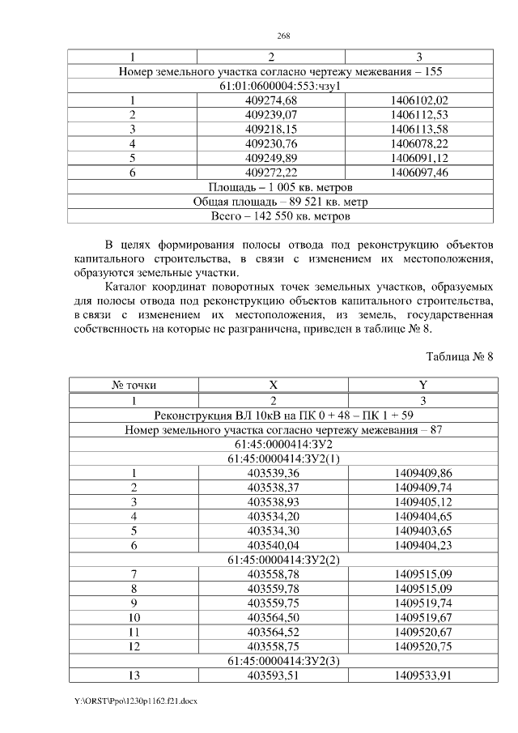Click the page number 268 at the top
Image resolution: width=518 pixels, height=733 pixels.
pyautogui.click(x=283, y=36)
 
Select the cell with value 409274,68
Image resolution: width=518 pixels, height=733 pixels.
pyautogui.click(x=271, y=100)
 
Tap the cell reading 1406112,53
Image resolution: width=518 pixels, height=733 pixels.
pyautogui.click(x=418, y=114)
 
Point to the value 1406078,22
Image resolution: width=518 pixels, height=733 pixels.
pyautogui.click(x=418, y=143)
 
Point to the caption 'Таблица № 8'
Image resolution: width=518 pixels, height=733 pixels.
pyautogui.click(x=459, y=356)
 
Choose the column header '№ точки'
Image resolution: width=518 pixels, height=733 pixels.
pyautogui.click(x=133, y=386)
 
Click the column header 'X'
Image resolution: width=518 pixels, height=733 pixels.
pyautogui.click(x=273, y=386)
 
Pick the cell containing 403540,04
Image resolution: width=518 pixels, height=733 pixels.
pyautogui.click(x=273, y=544)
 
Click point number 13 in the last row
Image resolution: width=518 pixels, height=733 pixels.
pyautogui.click(x=133, y=675)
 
